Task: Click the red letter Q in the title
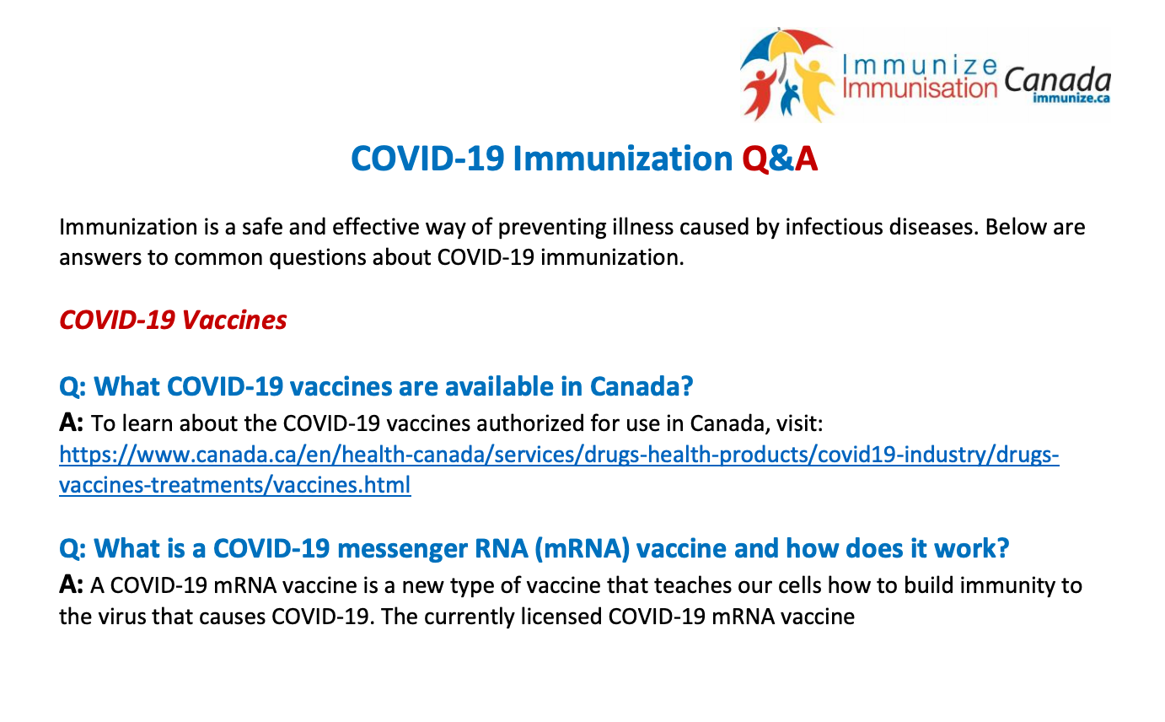tap(755, 159)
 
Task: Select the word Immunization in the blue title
tap(623, 158)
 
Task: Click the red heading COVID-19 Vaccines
tap(173, 320)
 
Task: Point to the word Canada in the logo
tap(1057, 80)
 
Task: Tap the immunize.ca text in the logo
tap(1071, 98)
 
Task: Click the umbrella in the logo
tap(786, 48)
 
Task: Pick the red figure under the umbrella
tap(760, 94)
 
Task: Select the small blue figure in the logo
tap(790, 97)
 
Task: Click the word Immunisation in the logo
tap(920, 88)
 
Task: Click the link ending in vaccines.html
tap(235, 485)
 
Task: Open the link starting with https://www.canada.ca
tap(559, 455)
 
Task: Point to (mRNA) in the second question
tap(582, 548)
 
